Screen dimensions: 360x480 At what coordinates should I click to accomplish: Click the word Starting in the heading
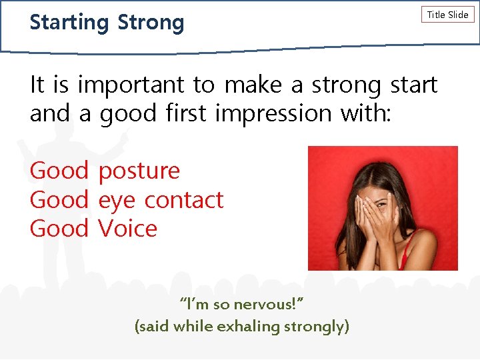(69, 23)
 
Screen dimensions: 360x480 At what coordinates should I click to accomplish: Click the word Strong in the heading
(151, 23)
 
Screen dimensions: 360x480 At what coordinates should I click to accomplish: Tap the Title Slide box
(447, 15)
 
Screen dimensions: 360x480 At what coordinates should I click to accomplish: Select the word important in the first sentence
(131, 85)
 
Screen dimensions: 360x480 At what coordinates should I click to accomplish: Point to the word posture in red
(139, 171)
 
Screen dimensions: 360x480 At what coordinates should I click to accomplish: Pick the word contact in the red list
(184, 200)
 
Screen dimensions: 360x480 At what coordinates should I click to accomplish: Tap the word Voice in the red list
(127, 229)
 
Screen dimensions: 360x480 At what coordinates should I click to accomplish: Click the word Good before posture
(59, 171)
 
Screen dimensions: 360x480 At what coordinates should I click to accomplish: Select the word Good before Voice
(59, 229)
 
